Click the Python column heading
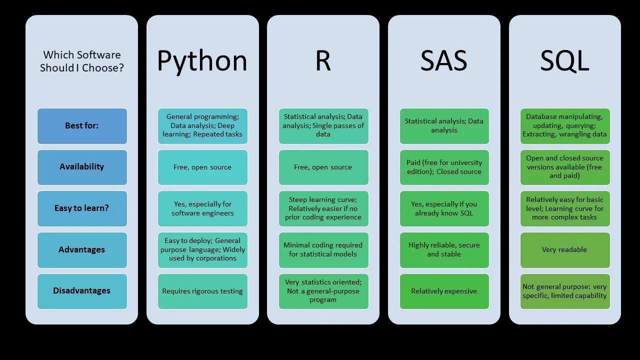coord(202,61)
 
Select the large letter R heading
coord(323,61)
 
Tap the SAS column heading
coord(444,61)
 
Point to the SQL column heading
coord(564,61)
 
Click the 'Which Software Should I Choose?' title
coord(82,61)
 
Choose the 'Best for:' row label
coord(82,126)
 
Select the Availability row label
coord(82,167)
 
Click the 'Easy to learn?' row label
coord(82,208)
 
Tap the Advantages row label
coord(82,250)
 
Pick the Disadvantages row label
coord(82,291)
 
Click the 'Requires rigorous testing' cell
coord(202,291)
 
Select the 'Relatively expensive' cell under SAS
coord(444,291)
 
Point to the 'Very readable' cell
coord(564,250)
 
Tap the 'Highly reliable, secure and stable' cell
coord(444,250)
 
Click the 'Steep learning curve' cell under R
coord(323,208)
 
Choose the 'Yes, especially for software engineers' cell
coord(202,208)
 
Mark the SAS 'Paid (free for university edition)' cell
coord(444,167)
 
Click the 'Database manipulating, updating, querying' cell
coord(564,126)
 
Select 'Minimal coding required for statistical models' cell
coord(323,250)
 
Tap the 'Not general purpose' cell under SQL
coord(564,291)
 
